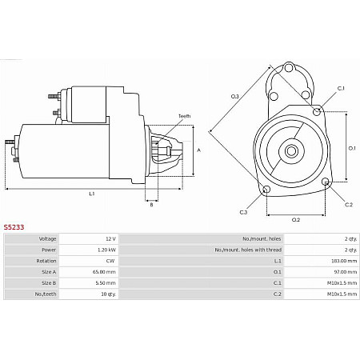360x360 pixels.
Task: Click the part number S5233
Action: point(14,227)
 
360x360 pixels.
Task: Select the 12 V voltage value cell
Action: point(110,239)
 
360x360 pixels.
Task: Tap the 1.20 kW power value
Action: point(106,250)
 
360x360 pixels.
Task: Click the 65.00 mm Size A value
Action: point(106,272)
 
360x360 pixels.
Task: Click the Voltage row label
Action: point(48,239)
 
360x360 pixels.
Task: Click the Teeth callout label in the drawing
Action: point(184,117)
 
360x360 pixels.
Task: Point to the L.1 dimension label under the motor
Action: point(92,194)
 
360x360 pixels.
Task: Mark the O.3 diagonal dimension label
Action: point(235,97)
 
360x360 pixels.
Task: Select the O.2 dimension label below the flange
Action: point(295,219)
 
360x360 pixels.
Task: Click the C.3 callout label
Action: point(243,211)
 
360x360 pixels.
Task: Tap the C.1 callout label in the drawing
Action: point(341,88)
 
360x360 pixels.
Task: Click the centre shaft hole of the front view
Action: point(292,150)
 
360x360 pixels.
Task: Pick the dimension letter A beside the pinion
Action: point(198,150)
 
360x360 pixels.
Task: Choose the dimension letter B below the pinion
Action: point(151,205)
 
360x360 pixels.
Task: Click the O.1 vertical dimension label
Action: point(352,148)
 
